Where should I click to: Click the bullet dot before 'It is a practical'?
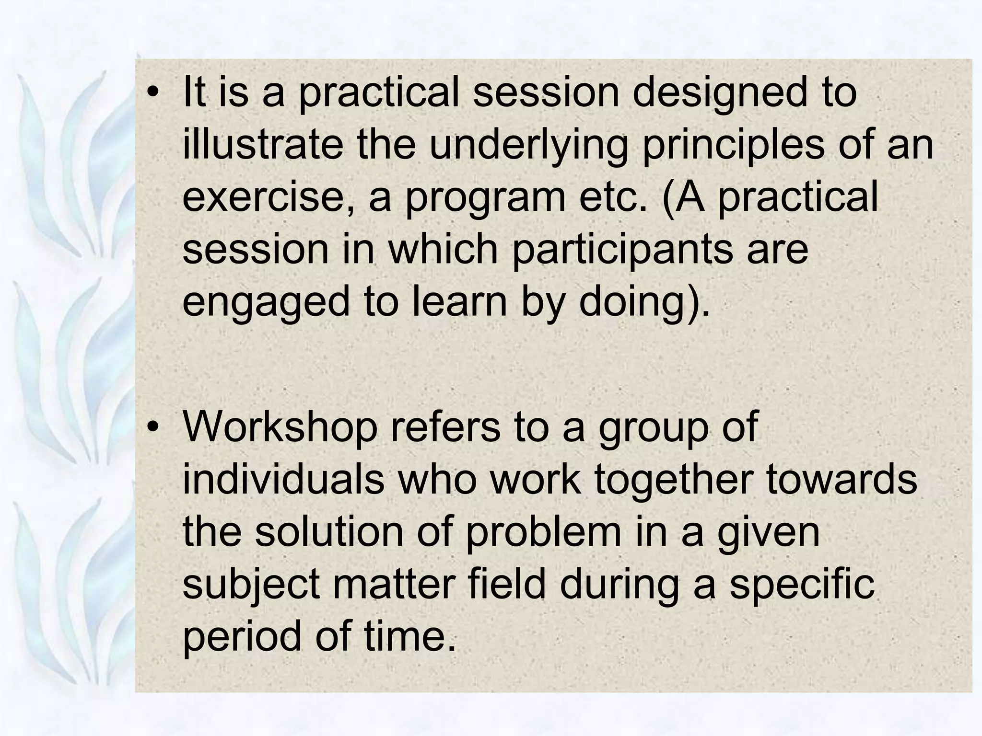[152, 93]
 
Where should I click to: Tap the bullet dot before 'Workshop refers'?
[152, 427]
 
